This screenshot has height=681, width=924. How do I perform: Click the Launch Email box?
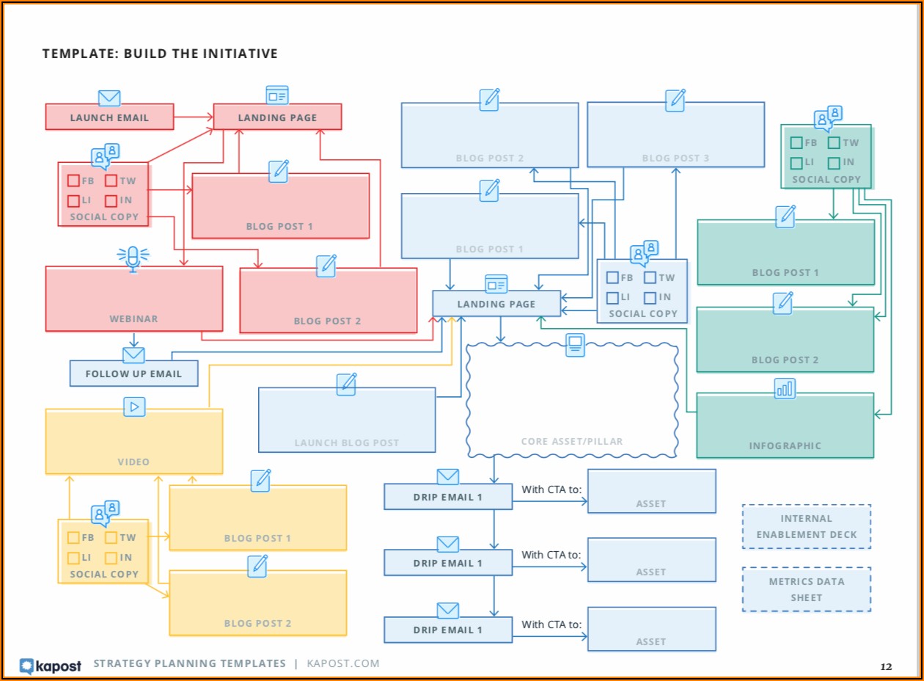point(109,117)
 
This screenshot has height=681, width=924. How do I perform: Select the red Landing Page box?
point(277,117)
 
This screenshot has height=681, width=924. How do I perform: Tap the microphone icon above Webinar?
point(133,258)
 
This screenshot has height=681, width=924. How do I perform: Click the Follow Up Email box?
point(133,374)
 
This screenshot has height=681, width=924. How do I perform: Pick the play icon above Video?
point(134,407)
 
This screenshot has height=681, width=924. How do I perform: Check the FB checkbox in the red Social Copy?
point(74,181)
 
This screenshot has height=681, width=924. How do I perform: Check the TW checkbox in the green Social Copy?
point(834,143)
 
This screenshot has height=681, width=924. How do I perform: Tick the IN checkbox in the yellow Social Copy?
point(111,558)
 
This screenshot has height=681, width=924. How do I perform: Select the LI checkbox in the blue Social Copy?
point(612,297)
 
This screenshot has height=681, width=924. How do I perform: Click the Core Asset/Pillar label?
point(572,442)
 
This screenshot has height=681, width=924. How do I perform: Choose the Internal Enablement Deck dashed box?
point(807,526)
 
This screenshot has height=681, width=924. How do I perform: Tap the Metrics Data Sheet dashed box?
point(807,589)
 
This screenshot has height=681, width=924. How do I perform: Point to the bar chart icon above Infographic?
point(785,388)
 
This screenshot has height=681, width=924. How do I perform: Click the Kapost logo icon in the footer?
point(27,665)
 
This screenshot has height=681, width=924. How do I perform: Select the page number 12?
point(886,667)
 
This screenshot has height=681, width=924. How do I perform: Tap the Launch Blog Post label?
point(347,443)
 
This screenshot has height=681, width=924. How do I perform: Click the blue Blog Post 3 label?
point(675,158)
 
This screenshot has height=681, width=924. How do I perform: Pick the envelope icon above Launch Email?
point(109,98)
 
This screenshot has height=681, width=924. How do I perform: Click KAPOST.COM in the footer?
point(342,663)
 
